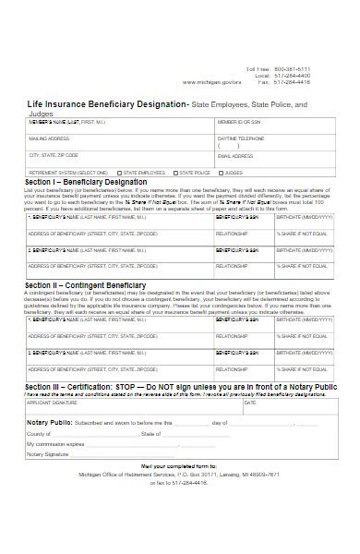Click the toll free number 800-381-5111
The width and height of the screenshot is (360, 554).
coord(293,69)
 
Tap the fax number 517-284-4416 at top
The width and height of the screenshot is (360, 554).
coord(293,81)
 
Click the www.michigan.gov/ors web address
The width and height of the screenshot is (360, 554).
coord(211,81)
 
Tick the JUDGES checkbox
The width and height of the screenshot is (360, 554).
coord(221,173)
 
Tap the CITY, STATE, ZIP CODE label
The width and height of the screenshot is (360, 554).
coord(54,155)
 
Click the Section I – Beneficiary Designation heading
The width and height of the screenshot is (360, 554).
coord(83,182)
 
